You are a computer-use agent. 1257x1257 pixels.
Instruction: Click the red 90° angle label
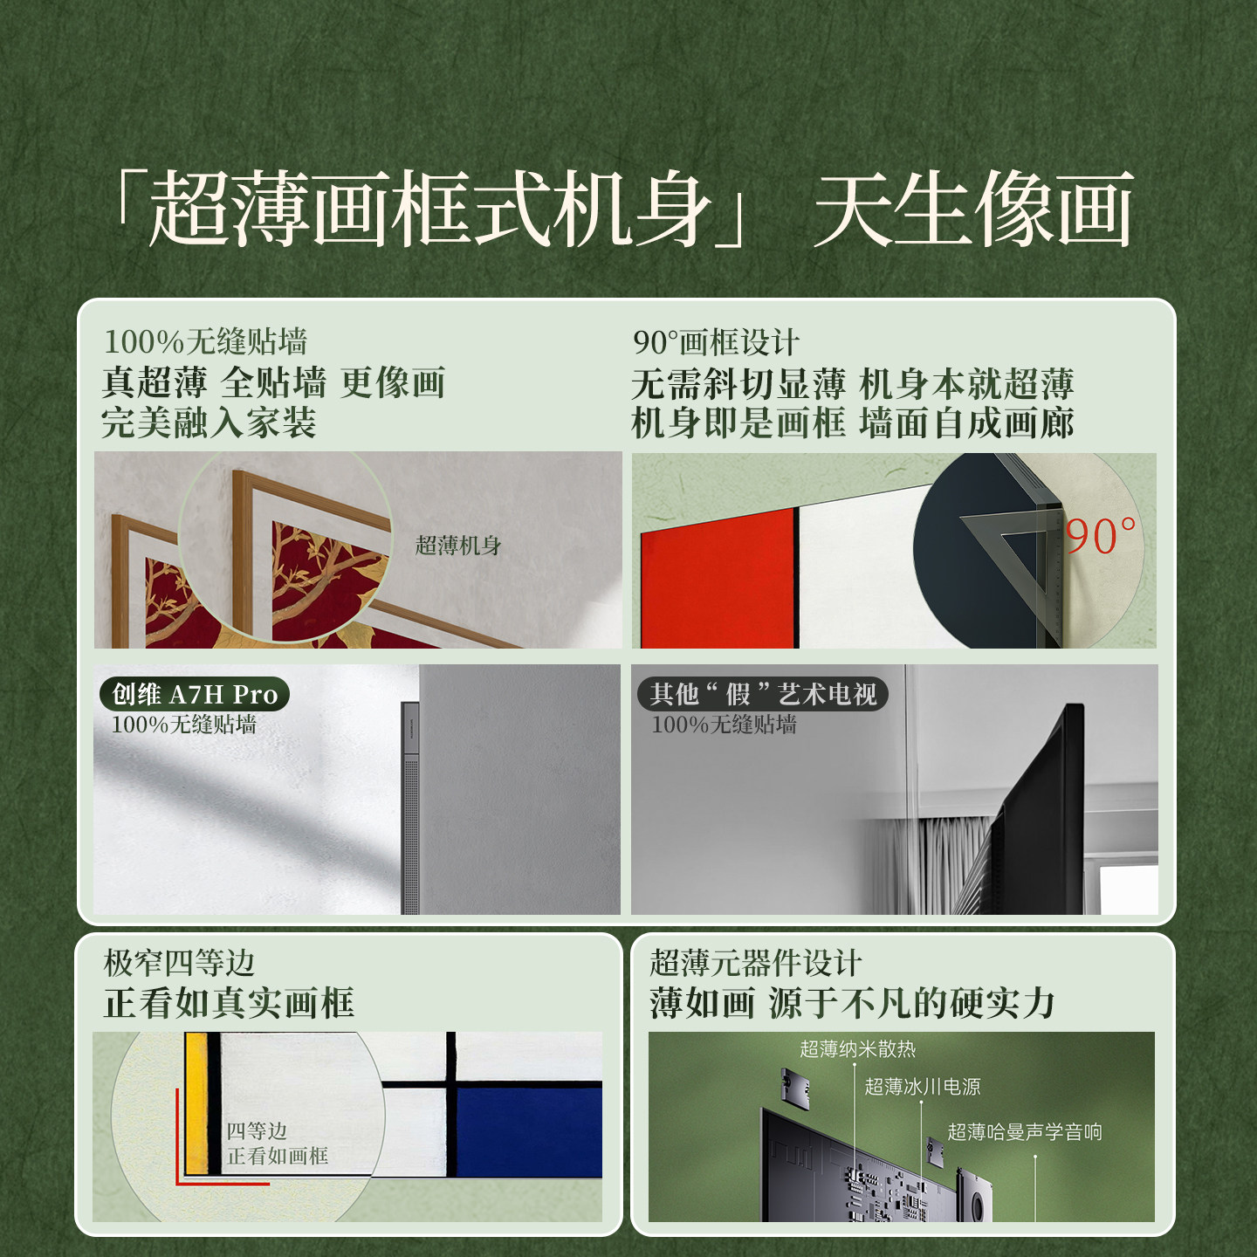(1101, 536)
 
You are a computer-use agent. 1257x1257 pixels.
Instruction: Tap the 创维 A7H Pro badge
(195, 694)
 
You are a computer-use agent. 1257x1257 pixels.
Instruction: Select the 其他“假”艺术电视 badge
(762, 694)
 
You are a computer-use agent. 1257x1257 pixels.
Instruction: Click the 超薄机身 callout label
(458, 546)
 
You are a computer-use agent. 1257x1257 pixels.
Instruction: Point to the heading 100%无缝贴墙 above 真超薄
(205, 341)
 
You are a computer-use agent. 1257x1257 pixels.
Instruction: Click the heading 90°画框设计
(716, 342)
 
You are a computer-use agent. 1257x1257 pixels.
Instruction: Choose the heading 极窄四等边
(179, 963)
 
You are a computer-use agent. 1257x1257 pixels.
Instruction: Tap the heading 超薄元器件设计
(755, 963)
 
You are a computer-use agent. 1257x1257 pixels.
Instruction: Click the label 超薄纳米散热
(857, 1049)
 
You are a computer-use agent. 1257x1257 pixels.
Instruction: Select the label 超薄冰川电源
(922, 1087)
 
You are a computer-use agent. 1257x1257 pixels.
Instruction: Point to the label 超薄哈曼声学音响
(1024, 1132)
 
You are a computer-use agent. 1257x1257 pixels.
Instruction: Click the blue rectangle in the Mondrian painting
(529, 1130)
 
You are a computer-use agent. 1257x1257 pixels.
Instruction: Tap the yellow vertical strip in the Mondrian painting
(196, 1104)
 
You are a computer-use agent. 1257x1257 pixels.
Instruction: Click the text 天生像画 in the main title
(973, 209)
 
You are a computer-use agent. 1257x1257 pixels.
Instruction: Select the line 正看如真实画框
(229, 1003)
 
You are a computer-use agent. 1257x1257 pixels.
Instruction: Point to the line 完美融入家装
(209, 422)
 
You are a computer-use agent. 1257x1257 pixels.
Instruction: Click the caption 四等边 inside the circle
(257, 1131)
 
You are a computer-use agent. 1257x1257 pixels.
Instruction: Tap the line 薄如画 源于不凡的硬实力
(852, 1003)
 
